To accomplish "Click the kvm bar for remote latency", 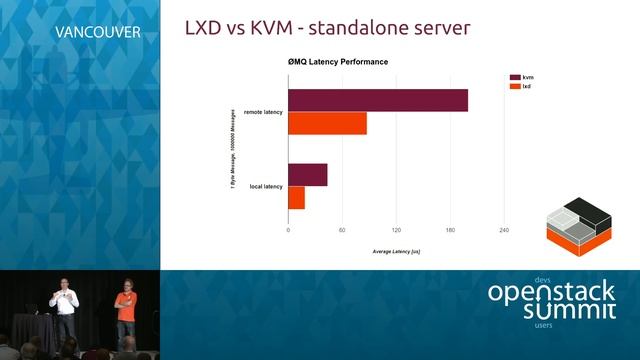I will coord(378,101).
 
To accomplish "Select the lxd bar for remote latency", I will coord(327,123).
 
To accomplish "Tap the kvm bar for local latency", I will coord(307,175).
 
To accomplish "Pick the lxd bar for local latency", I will coord(296,197).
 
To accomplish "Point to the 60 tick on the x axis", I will coord(342,230).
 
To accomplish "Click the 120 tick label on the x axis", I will coord(396,230).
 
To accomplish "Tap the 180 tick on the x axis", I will coord(450,230).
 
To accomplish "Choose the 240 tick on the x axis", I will coord(504,230).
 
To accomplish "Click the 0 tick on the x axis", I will coord(288,230).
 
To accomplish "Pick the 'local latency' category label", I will coord(266,186).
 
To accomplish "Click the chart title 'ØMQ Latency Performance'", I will coord(338,62).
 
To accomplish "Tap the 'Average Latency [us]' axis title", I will coord(396,250).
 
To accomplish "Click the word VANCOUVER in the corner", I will coord(97,31).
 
